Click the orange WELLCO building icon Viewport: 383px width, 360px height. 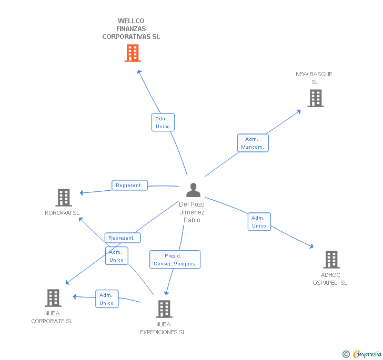(x=133, y=53)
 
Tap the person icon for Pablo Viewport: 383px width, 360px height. (x=194, y=190)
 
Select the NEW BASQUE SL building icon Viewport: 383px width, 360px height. (x=316, y=98)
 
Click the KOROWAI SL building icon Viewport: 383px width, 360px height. (x=64, y=198)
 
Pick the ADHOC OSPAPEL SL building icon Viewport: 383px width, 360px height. (x=331, y=260)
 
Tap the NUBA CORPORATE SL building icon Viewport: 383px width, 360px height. (x=53, y=298)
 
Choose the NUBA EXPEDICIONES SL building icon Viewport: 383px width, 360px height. (x=164, y=309)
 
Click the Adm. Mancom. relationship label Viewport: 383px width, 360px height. (x=253, y=143)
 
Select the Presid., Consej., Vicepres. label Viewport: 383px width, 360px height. (x=175, y=260)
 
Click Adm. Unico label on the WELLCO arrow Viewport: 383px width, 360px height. (x=163, y=122)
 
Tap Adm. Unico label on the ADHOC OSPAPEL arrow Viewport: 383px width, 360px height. (x=259, y=222)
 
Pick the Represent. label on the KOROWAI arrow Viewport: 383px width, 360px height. (x=129, y=185)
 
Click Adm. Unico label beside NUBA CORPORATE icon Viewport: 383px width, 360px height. (x=107, y=299)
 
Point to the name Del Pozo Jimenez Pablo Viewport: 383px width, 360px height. (x=191, y=212)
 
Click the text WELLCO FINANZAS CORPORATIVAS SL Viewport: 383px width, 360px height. (x=131, y=29)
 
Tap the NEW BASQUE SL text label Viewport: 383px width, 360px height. (x=314, y=78)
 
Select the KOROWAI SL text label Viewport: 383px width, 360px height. (x=62, y=213)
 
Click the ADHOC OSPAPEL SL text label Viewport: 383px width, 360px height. (x=330, y=279)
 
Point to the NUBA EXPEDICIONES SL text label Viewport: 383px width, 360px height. (x=163, y=328)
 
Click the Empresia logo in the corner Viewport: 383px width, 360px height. (x=362, y=354)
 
